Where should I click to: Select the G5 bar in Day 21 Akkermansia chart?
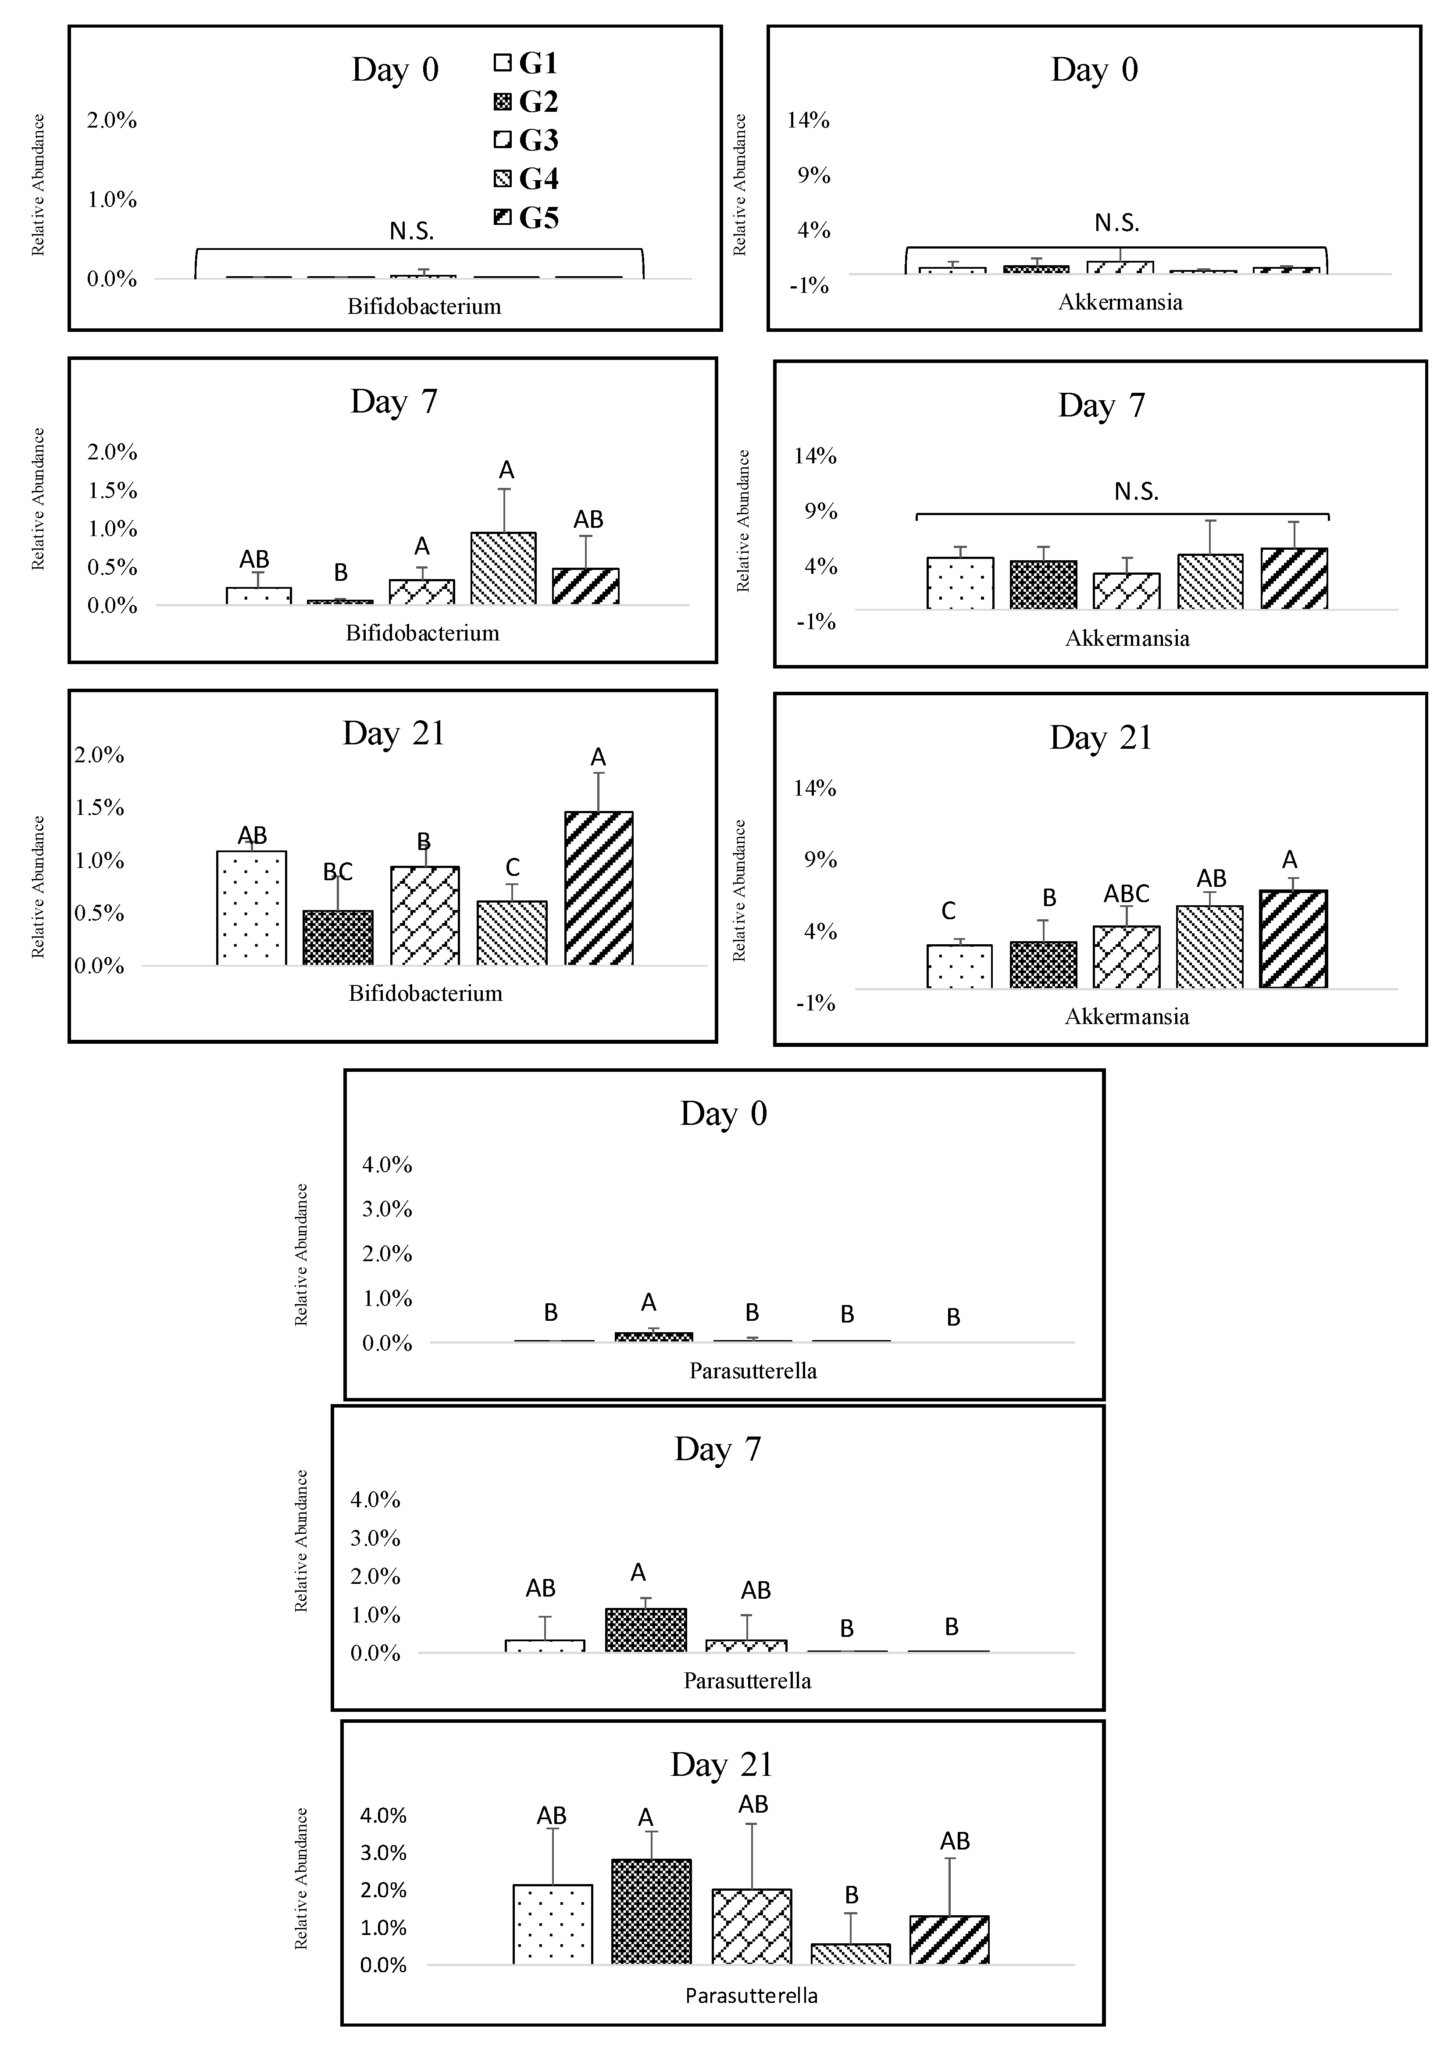pos(1293,939)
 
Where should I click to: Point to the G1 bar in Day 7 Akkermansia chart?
pos(959,583)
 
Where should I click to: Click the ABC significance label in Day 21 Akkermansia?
pos(1126,894)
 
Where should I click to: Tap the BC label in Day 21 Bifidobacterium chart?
pos(338,871)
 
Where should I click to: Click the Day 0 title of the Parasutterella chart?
pos(723,1113)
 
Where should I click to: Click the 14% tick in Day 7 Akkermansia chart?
pos(814,456)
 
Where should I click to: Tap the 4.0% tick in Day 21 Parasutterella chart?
pos(383,1816)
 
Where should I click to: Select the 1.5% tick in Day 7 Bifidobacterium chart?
pos(112,490)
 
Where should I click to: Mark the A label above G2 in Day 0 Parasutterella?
pos(649,1302)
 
